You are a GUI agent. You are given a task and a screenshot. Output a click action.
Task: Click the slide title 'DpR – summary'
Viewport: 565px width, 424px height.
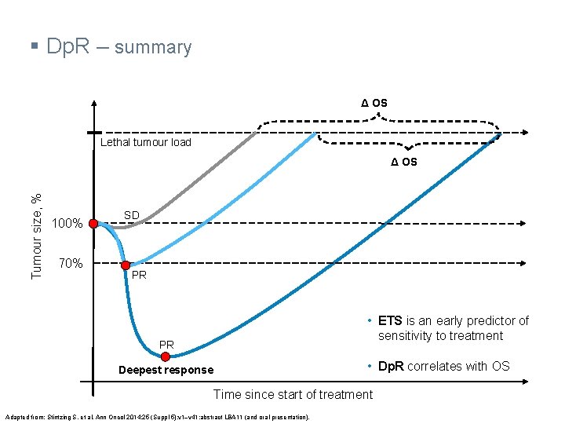pos(118,47)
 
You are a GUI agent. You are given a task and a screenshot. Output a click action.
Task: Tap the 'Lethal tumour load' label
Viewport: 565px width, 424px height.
pos(145,143)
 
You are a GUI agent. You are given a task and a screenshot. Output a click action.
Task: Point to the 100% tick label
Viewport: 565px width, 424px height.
pos(67,225)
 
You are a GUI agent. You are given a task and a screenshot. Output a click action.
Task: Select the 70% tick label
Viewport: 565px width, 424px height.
pos(71,263)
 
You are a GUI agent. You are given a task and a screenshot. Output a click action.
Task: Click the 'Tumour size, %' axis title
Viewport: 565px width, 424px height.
pos(36,226)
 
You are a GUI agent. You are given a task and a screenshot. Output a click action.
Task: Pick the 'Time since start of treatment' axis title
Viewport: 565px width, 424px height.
pos(293,394)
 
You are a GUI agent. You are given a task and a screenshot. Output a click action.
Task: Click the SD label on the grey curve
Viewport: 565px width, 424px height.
pos(132,215)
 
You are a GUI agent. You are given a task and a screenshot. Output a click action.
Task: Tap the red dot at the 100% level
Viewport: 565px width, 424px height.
pos(94,224)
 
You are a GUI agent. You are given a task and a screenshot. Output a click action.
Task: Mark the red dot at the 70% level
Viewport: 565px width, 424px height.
pos(126,266)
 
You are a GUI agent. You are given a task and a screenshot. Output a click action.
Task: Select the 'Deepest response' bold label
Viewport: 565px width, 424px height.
pos(165,370)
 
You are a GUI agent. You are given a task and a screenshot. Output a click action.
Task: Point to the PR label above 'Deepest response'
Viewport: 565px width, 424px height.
pos(166,345)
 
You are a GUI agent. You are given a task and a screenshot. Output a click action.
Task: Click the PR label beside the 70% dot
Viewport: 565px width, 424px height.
pos(139,276)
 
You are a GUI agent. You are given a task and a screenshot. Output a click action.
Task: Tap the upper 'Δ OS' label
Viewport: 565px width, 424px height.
pos(374,103)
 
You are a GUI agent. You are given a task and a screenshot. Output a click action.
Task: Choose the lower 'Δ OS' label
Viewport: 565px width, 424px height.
pos(405,162)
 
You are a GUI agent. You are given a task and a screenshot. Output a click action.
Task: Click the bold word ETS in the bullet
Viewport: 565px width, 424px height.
pos(390,320)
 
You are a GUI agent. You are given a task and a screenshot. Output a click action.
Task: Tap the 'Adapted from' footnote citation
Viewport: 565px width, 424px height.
pos(157,416)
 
